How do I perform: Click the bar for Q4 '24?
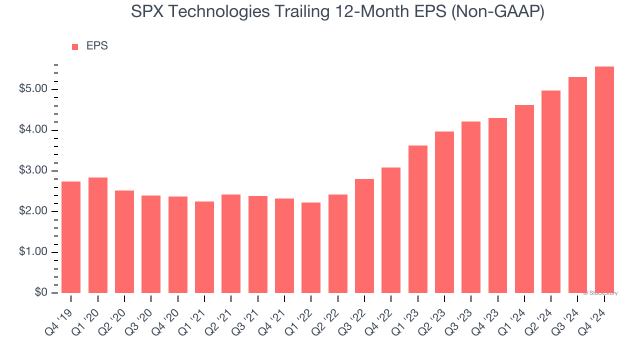click(x=604, y=180)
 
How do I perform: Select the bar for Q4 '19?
click(x=71, y=237)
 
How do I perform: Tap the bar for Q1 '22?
click(x=311, y=248)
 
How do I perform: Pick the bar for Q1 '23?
click(x=417, y=219)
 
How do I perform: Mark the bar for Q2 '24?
click(x=551, y=192)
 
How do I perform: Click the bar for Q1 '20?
click(x=97, y=235)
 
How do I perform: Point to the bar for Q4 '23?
click(x=497, y=205)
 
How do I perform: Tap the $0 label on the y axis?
click(x=40, y=293)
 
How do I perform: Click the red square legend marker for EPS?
click(x=75, y=47)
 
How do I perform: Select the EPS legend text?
click(x=97, y=46)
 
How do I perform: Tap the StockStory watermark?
click(x=600, y=293)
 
